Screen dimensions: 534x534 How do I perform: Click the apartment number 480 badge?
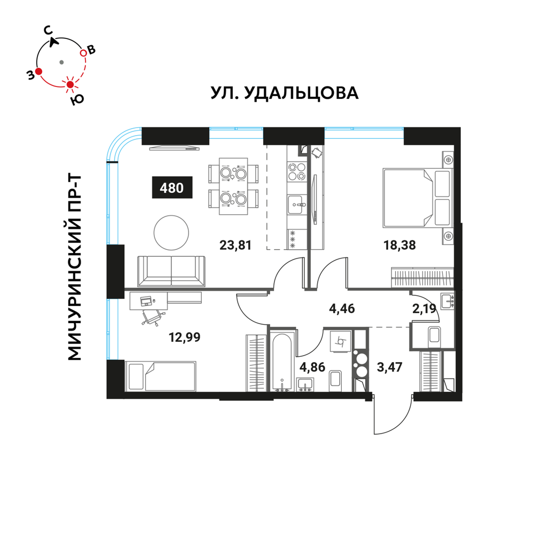(172, 187)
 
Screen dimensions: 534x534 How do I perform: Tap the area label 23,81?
(235, 245)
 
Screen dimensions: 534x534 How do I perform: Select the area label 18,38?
(399, 245)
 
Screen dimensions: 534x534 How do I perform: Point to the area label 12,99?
(185, 337)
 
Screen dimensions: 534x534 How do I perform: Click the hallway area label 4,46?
(342, 309)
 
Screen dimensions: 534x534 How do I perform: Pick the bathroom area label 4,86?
(312, 367)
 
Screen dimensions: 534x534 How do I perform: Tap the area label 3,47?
(390, 367)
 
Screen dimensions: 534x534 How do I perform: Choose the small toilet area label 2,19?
(425, 309)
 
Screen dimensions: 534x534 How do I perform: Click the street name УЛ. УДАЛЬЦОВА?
(285, 92)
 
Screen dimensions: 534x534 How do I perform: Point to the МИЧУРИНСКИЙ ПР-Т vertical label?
(74, 268)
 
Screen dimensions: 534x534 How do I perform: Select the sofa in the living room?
(171, 271)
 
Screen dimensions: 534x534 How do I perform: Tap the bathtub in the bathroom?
(281, 362)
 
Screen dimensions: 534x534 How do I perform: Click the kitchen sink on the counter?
(297, 205)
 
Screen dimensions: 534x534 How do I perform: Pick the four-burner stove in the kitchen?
(296, 171)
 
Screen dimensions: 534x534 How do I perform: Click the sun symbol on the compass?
(70, 84)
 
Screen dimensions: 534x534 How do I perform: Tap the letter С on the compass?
(49, 30)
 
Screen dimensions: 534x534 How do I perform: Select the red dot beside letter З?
(38, 72)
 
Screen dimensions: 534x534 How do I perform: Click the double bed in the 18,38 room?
(417, 198)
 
